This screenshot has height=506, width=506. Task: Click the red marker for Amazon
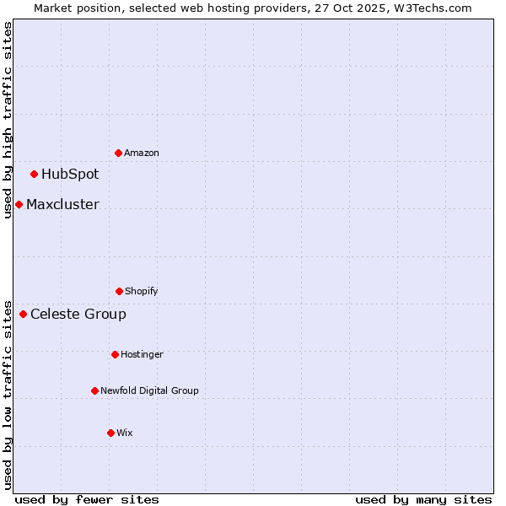click(118, 153)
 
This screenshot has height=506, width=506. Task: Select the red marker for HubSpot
click(34, 174)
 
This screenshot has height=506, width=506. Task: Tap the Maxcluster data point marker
click(19, 204)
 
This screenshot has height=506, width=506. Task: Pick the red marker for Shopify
click(119, 291)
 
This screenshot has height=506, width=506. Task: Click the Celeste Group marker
click(23, 314)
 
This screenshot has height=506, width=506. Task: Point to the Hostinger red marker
click(115, 354)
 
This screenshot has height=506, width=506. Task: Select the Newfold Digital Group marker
click(94, 390)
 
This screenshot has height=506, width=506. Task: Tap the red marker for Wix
click(110, 433)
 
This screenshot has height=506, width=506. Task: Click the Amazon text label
click(142, 153)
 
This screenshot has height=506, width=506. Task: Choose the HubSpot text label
click(70, 175)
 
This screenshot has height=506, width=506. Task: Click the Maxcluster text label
click(62, 204)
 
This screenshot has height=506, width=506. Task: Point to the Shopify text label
click(142, 291)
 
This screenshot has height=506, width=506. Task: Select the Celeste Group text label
click(78, 315)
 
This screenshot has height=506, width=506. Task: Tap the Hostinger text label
click(142, 354)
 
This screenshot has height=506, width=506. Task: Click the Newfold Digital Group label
click(149, 390)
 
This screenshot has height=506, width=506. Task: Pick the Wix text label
click(125, 433)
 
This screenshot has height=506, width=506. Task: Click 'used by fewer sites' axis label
click(87, 499)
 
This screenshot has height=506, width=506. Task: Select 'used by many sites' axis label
click(423, 499)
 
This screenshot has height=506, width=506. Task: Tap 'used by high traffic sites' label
click(8, 120)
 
